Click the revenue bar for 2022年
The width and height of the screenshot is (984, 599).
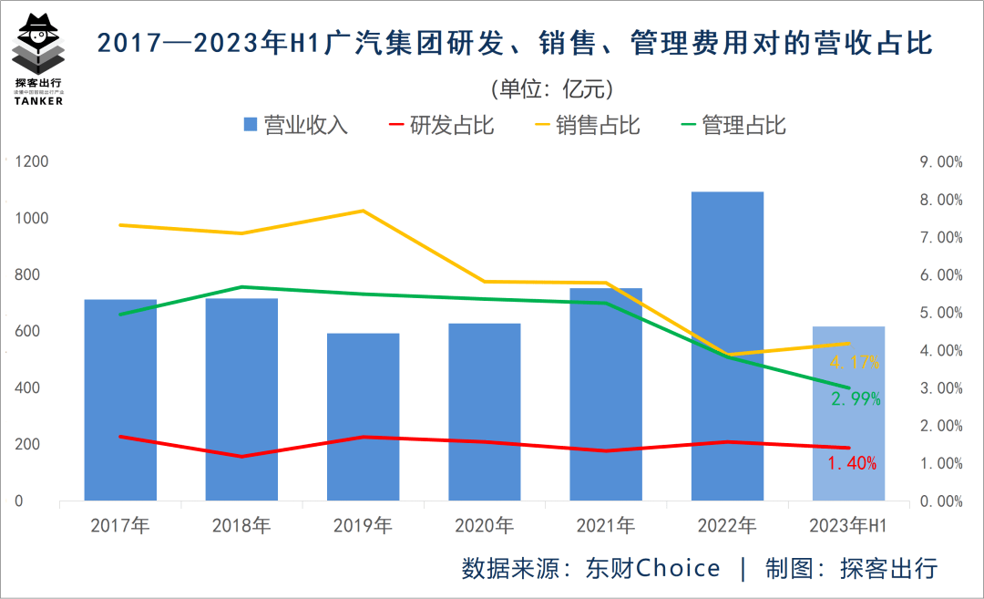click(x=727, y=346)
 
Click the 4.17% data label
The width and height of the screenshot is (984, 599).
click(x=854, y=362)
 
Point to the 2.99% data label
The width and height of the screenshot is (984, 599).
click(x=855, y=398)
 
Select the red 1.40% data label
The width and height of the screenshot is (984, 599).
click(x=852, y=463)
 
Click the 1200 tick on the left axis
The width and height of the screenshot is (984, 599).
click(x=33, y=162)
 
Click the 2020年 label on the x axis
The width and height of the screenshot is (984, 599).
click(x=484, y=526)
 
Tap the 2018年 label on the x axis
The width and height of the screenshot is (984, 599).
click(x=241, y=526)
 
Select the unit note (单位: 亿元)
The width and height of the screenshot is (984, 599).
click(x=551, y=88)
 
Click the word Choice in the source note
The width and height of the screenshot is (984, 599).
click(x=678, y=568)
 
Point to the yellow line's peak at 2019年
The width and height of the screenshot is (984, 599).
click(x=363, y=211)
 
